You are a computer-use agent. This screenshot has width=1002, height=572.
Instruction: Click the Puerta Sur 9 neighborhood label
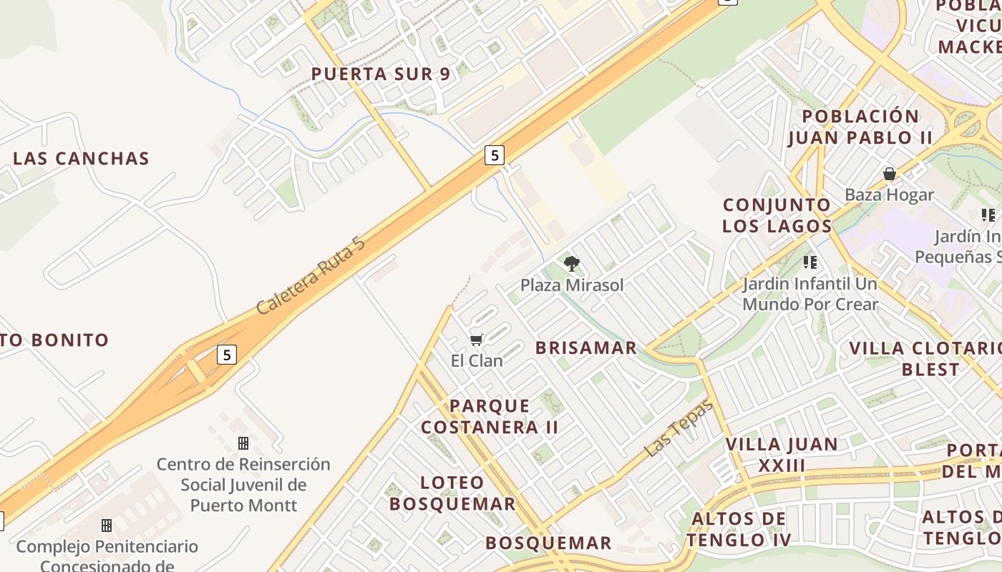click(381, 74)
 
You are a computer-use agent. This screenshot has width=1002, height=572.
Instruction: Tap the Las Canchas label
click(81, 159)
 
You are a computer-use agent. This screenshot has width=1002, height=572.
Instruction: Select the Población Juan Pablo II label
click(860, 127)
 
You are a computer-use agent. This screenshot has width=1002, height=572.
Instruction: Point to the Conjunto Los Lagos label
click(777, 215)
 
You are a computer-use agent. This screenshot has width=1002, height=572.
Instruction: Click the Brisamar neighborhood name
click(586, 348)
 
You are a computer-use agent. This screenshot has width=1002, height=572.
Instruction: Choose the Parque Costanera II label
click(490, 416)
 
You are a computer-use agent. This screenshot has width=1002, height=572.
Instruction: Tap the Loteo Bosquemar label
click(452, 493)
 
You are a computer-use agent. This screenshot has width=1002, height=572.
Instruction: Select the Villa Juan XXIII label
click(782, 455)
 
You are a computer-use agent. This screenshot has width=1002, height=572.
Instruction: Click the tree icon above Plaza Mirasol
click(571, 264)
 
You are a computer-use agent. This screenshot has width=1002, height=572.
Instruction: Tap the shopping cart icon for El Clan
click(477, 340)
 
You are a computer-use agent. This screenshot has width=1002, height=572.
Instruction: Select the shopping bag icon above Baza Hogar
click(890, 174)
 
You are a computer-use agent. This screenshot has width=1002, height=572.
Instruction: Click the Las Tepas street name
click(678, 428)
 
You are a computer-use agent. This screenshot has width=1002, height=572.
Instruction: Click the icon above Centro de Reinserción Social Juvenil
click(243, 443)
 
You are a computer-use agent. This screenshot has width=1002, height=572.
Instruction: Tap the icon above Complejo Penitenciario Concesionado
click(107, 526)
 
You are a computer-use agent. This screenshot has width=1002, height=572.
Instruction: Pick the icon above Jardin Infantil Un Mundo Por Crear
click(810, 262)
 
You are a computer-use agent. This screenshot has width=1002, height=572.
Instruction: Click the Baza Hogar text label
click(889, 194)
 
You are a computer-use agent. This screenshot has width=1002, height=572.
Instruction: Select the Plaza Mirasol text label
click(572, 285)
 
